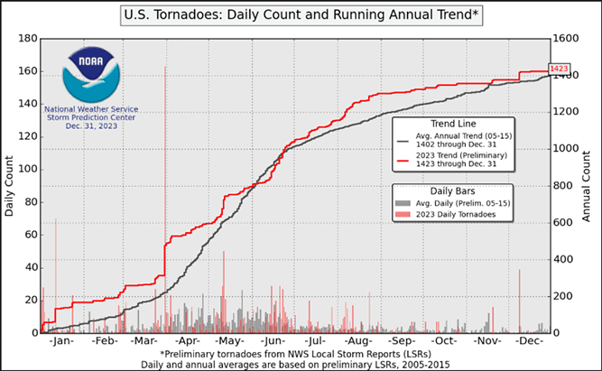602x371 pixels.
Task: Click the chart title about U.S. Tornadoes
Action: (x=301, y=15)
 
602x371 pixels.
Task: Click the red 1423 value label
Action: (x=560, y=69)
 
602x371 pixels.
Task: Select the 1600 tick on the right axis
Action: (x=566, y=39)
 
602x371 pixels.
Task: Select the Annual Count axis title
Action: (x=587, y=185)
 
